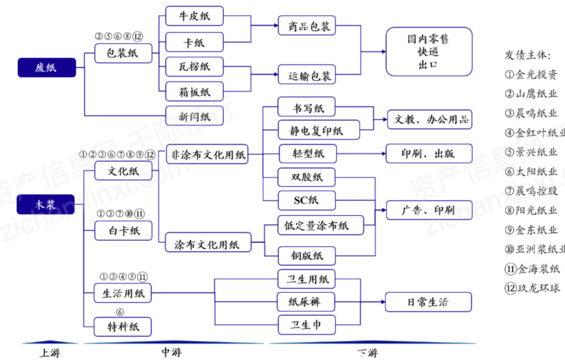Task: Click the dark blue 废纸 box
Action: pos(46,67)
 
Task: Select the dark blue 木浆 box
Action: pos(46,204)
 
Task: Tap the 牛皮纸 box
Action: pos(195,16)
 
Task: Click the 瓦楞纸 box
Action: pos(195,66)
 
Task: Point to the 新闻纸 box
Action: pos(195,116)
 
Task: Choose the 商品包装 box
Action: pos(307,26)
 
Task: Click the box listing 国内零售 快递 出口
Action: pos(428,52)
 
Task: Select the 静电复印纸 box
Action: pos(318,131)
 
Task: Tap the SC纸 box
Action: pos(307,200)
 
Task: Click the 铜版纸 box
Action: pos(307,255)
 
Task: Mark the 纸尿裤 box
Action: pos(306,302)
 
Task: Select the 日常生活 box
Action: pos(428,302)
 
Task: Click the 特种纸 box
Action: pos(123,327)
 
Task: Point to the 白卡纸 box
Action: pos(123,230)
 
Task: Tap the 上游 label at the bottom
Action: pos(49,352)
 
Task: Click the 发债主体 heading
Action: pos(527,55)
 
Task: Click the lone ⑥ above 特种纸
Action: pos(120,312)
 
